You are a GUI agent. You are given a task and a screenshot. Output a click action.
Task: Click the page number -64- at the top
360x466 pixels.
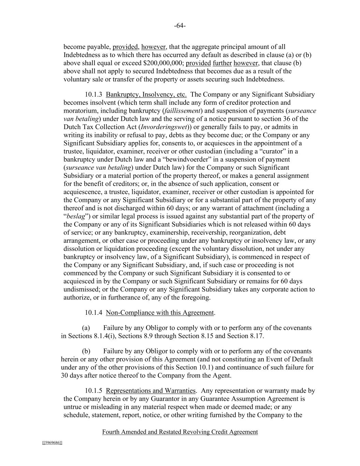pos(180,26)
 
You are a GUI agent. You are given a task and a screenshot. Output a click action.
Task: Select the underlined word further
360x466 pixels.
pos(222,63)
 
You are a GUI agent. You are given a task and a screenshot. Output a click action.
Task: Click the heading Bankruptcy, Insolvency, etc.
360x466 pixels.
pos(146,95)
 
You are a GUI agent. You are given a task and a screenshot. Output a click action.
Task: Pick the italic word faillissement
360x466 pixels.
pos(183,111)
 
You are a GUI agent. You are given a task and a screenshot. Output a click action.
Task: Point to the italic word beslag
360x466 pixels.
pos(76,216)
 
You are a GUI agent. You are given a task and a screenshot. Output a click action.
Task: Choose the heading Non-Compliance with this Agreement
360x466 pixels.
pos(160,313)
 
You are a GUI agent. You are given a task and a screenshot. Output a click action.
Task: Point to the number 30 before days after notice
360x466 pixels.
pos(64,376)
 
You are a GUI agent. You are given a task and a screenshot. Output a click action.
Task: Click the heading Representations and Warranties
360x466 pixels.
pos(150,391)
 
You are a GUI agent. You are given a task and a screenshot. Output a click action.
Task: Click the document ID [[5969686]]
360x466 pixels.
pos(52,443)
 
